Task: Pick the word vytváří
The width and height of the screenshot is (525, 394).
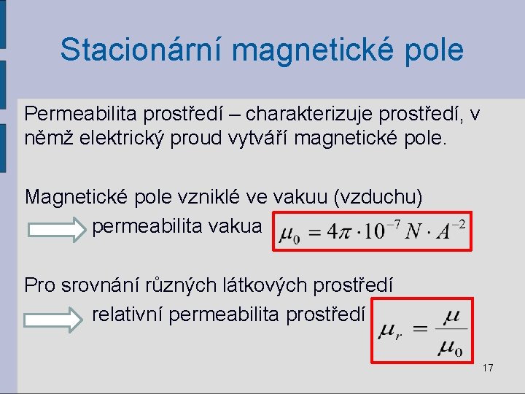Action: pyautogui.click(x=265, y=138)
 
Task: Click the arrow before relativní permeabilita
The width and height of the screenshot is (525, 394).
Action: pyautogui.click(x=55, y=317)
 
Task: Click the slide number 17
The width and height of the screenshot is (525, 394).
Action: pyautogui.click(x=487, y=368)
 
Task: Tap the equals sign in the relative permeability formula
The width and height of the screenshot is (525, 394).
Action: pyautogui.click(x=420, y=331)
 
